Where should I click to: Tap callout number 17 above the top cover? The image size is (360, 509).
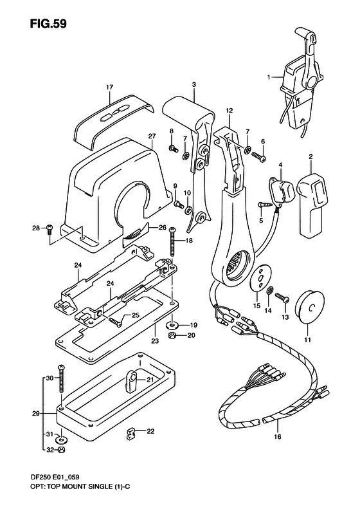click(109, 87)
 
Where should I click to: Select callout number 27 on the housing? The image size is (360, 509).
click(152, 136)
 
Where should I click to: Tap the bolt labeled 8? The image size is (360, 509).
click(174, 148)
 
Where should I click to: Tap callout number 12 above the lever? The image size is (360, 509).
click(228, 111)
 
